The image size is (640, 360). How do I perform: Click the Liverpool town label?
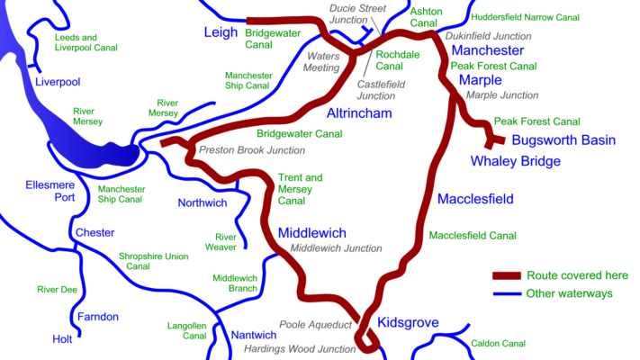point(58,82)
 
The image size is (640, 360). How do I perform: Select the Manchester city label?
point(487,50)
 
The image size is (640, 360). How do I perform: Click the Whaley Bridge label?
point(516,161)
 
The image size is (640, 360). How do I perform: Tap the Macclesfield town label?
point(475,198)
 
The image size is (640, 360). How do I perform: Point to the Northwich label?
point(202,202)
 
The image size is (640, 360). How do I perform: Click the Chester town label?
point(95,232)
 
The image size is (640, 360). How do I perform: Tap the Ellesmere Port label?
point(49,192)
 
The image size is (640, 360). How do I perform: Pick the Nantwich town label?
point(253,335)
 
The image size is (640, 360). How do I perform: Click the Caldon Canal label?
point(498,344)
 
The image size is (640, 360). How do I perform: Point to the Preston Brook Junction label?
point(252,150)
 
